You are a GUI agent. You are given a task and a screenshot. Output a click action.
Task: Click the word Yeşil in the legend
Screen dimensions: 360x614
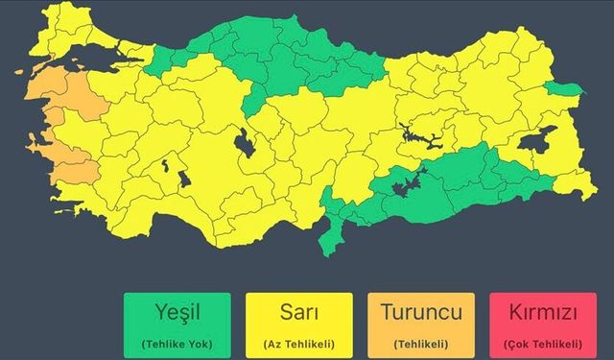(x=177, y=312)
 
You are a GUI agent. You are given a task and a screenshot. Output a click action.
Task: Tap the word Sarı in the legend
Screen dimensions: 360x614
(x=299, y=312)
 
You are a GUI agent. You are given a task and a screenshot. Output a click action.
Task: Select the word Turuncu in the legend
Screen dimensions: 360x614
(x=421, y=312)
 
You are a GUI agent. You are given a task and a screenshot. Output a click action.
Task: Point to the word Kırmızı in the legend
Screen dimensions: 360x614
(x=543, y=312)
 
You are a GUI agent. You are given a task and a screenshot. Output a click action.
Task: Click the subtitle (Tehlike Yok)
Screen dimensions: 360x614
(x=177, y=343)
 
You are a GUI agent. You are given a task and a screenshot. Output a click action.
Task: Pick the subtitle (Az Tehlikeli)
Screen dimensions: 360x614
(x=299, y=343)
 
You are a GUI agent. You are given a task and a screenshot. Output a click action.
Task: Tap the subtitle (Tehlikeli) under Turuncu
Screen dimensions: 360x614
(x=421, y=343)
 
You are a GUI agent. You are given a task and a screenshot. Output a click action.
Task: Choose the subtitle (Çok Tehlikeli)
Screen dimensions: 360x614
(x=543, y=343)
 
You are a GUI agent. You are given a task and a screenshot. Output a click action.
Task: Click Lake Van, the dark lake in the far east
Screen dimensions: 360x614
(x=537, y=141)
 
